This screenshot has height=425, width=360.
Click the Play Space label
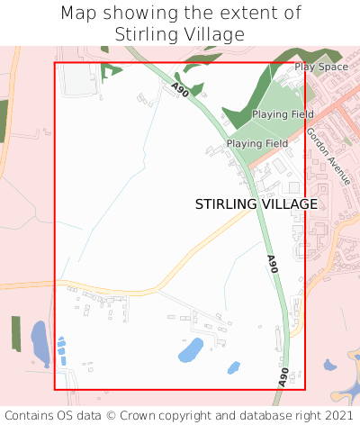pos(320,67)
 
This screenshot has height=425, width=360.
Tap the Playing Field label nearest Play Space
pos(283,114)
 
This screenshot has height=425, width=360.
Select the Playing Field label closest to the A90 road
pos(257,143)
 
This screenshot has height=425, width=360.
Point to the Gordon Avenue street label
pos(327,155)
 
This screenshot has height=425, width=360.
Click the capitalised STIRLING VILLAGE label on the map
pos(256,204)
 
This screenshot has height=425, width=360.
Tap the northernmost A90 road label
pos(180,90)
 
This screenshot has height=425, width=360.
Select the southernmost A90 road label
pos(284,376)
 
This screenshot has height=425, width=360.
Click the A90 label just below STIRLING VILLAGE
pos(273,265)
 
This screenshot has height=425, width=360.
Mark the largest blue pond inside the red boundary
pos(190,348)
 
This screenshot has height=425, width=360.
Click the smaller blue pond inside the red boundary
pos(234,367)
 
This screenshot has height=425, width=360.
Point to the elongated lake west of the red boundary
pos(40,339)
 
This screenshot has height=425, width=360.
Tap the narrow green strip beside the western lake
pos(15,332)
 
